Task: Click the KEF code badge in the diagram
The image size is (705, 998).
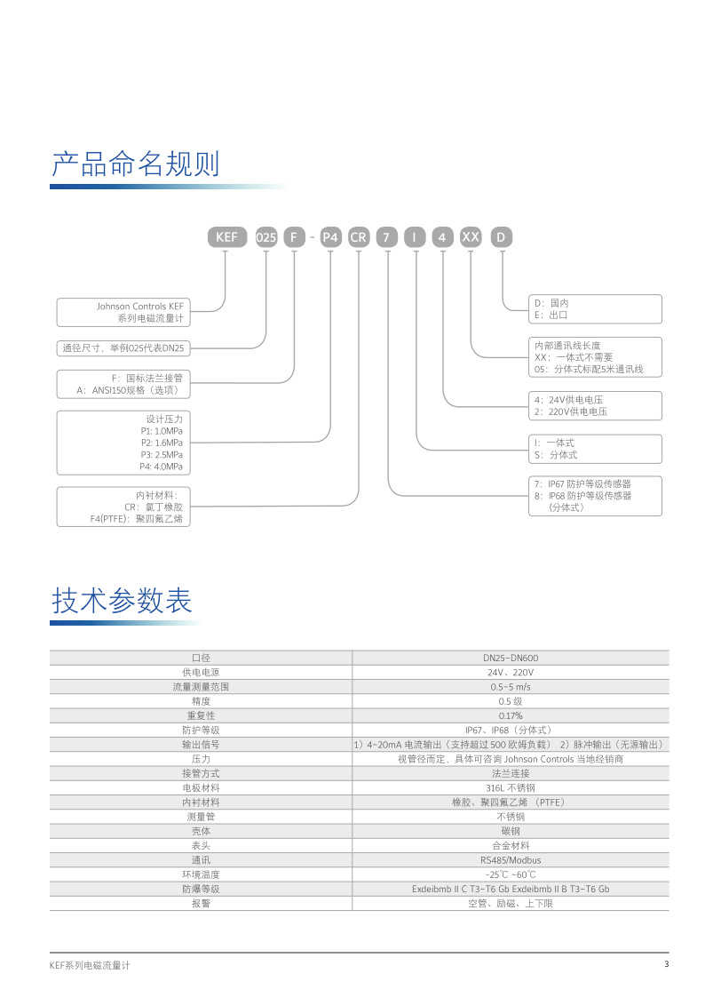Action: [x=224, y=237]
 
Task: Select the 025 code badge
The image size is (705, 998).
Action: [x=266, y=237]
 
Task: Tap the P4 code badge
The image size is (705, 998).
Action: [x=329, y=237]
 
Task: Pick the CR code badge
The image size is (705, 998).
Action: [x=358, y=237]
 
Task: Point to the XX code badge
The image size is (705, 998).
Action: [x=471, y=237]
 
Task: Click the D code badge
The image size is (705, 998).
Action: [x=503, y=237]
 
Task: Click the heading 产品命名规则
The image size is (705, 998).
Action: [x=135, y=164]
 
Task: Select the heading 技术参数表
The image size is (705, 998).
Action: [x=122, y=601]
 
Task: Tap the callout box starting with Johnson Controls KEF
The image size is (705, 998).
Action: [x=126, y=312]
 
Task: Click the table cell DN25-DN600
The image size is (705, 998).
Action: [x=511, y=658]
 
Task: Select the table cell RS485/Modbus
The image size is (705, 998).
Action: [x=511, y=860]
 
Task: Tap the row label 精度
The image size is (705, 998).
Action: [x=200, y=701]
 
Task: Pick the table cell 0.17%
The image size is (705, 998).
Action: [x=511, y=715]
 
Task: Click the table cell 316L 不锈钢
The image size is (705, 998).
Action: [x=511, y=787]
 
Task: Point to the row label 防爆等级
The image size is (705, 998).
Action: [x=200, y=889]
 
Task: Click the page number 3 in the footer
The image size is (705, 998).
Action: [x=666, y=965]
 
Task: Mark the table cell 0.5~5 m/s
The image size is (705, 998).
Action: [x=511, y=687]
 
